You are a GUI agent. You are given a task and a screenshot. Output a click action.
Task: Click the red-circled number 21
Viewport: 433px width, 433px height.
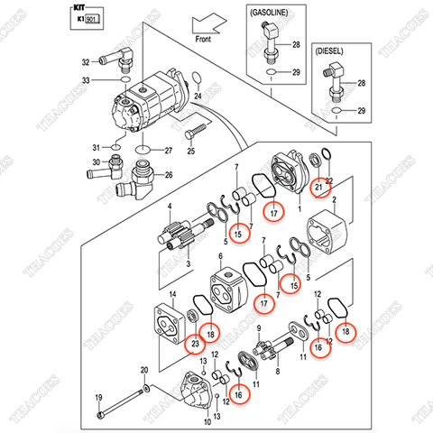coord(318,187)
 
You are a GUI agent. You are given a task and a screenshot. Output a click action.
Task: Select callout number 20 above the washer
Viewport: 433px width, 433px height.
coord(144,371)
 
